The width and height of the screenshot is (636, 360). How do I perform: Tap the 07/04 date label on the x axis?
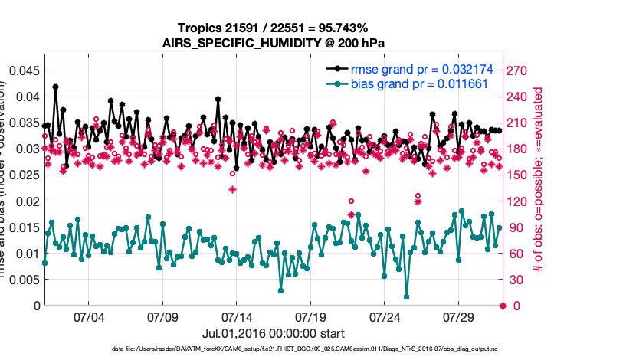(x=88, y=317)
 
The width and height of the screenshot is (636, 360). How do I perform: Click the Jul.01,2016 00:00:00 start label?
(x=273, y=334)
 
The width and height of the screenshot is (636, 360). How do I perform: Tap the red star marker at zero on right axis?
(x=503, y=306)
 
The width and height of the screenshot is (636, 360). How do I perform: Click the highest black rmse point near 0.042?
(x=56, y=87)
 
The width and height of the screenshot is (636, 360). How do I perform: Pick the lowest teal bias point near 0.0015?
(x=406, y=297)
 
